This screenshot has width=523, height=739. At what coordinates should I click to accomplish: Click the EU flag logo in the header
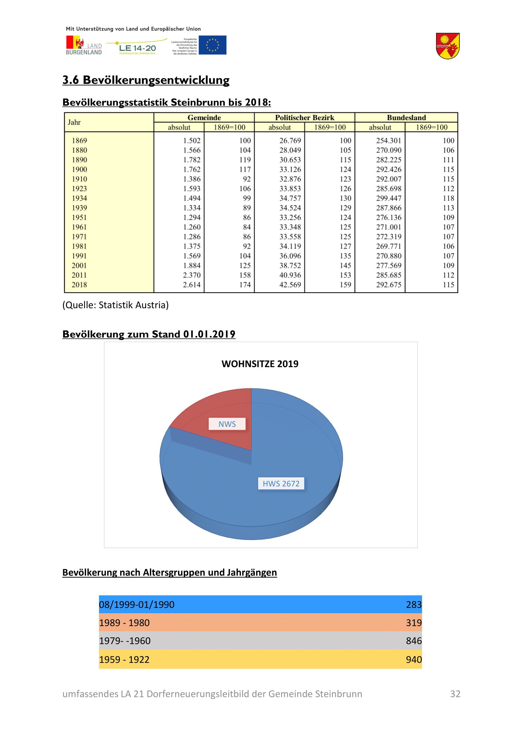click(x=212, y=45)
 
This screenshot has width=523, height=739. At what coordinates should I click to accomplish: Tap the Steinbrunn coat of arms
click(x=447, y=46)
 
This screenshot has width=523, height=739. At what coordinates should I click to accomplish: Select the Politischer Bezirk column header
click(x=304, y=118)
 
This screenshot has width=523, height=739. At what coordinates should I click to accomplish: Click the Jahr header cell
click(x=74, y=122)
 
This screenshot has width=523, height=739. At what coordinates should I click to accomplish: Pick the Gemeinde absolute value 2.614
click(x=192, y=285)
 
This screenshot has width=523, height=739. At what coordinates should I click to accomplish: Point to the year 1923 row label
click(x=79, y=189)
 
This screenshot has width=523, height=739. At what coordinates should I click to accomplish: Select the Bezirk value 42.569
click(x=290, y=285)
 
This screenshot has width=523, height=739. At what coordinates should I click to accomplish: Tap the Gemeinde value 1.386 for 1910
click(x=192, y=179)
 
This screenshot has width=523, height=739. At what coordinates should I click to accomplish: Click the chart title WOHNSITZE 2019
click(x=260, y=364)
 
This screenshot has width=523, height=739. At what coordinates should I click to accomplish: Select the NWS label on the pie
click(x=227, y=424)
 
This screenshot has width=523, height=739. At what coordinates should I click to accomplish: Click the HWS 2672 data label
click(x=281, y=483)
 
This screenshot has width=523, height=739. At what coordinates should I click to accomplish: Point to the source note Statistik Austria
click(x=116, y=305)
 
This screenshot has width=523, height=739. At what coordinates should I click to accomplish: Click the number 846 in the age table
click(x=414, y=641)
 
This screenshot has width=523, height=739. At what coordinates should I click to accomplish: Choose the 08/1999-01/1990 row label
click(x=137, y=604)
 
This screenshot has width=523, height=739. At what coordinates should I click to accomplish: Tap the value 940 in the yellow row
click(x=414, y=659)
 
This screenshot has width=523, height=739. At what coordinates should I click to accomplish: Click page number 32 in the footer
click(x=455, y=694)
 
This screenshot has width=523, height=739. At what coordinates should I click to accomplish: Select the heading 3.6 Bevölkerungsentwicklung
click(x=146, y=80)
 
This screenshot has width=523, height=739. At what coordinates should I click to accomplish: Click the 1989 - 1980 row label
click(x=124, y=623)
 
